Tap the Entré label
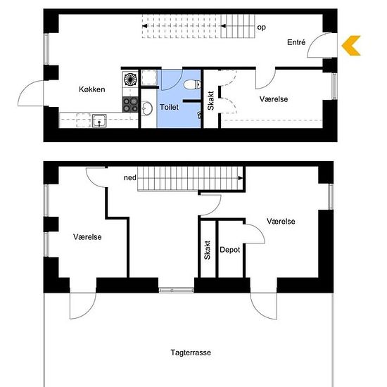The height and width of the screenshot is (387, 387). [296, 42]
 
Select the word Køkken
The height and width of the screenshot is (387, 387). [92, 89]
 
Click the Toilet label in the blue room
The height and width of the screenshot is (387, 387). [169, 107]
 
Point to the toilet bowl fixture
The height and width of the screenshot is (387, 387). [193, 84]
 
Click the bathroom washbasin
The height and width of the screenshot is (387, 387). [147, 108]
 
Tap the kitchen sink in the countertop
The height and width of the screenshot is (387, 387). [99, 121]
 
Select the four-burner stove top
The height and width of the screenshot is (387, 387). [130, 104]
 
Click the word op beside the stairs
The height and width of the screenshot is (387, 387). [262, 27]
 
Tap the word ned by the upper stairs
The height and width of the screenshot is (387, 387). [130, 178]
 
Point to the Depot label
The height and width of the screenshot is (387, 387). [230, 250]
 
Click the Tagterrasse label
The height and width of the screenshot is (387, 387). [191, 353]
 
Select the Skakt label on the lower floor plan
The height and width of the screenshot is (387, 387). [210, 101]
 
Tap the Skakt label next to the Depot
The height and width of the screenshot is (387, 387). [208, 250]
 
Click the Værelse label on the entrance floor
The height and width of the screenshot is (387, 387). [274, 99]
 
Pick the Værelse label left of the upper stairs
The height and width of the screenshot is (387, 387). [87, 237]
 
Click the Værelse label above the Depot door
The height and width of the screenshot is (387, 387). [281, 221]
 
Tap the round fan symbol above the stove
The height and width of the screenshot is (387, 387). [130, 79]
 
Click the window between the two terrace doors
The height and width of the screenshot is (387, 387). [176, 290]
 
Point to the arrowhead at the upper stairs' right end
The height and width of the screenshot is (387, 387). [241, 178]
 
